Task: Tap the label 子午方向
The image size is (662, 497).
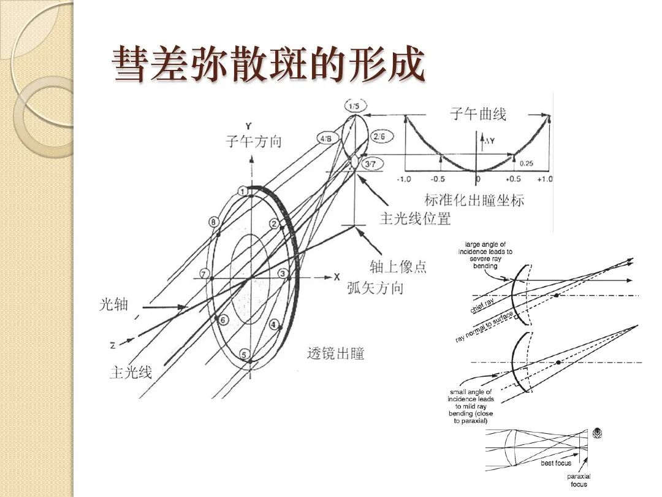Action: pos(254,142)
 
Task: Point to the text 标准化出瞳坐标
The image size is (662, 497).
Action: pos(474,200)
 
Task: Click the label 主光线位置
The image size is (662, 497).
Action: pos(416,218)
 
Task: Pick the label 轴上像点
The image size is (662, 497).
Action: pos(398,267)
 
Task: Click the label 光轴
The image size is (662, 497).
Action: pos(113,304)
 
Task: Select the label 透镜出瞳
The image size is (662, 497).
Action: pos(335,353)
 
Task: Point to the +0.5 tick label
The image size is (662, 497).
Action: pos(513,179)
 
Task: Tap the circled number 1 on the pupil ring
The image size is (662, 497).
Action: pos(243,192)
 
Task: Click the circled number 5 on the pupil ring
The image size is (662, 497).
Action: pos(244,355)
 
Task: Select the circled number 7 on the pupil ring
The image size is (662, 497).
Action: pos(205,274)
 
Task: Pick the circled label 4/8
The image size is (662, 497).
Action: pos(325,139)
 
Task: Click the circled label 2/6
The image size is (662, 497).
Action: pos(379,137)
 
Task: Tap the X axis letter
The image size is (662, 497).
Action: pos(336,277)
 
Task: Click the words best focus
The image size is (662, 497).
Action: pos(556,463)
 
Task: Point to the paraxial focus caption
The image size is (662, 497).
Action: pos(579,480)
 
